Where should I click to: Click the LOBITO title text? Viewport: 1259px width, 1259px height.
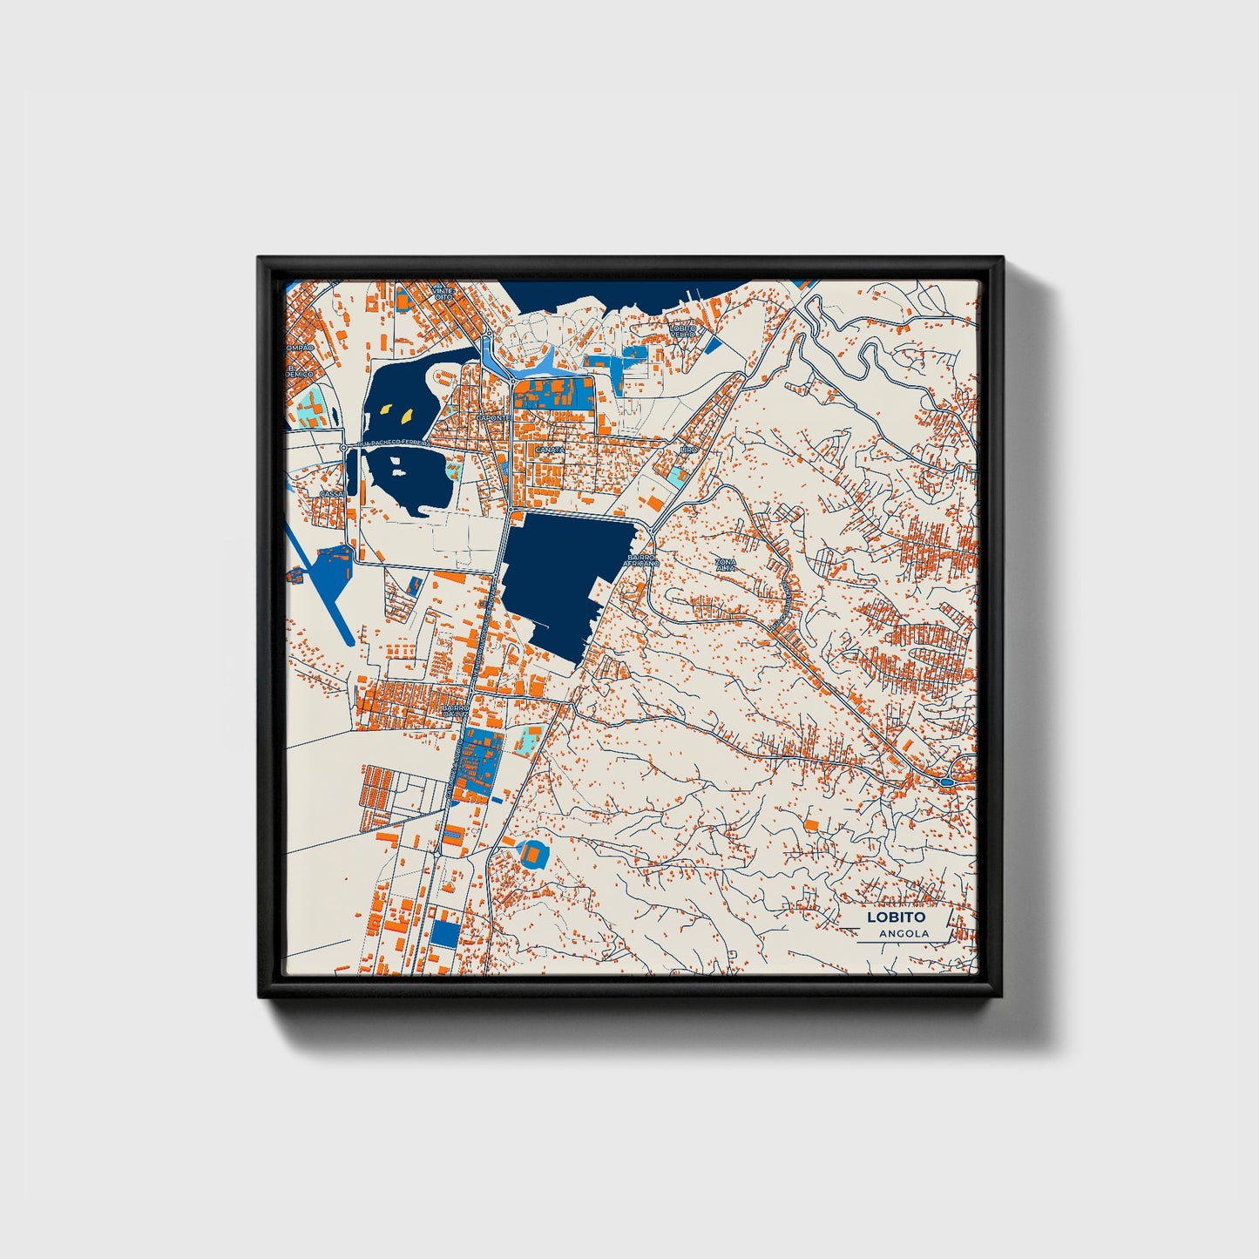tap(895, 917)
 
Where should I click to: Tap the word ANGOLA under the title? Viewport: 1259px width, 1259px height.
tap(904, 934)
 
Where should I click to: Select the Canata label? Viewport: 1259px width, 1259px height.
tap(549, 450)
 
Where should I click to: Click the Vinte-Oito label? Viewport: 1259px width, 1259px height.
tap(443, 293)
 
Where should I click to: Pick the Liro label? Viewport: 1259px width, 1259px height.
tap(689, 450)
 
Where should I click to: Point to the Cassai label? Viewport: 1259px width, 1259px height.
tap(331, 494)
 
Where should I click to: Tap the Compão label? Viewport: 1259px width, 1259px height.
tap(300, 348)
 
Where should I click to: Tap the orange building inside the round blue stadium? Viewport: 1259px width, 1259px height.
tap(531, 856)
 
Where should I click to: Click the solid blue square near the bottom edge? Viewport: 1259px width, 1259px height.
tap(445, 934)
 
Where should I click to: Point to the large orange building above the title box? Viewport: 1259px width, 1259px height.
tap(811, 823)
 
